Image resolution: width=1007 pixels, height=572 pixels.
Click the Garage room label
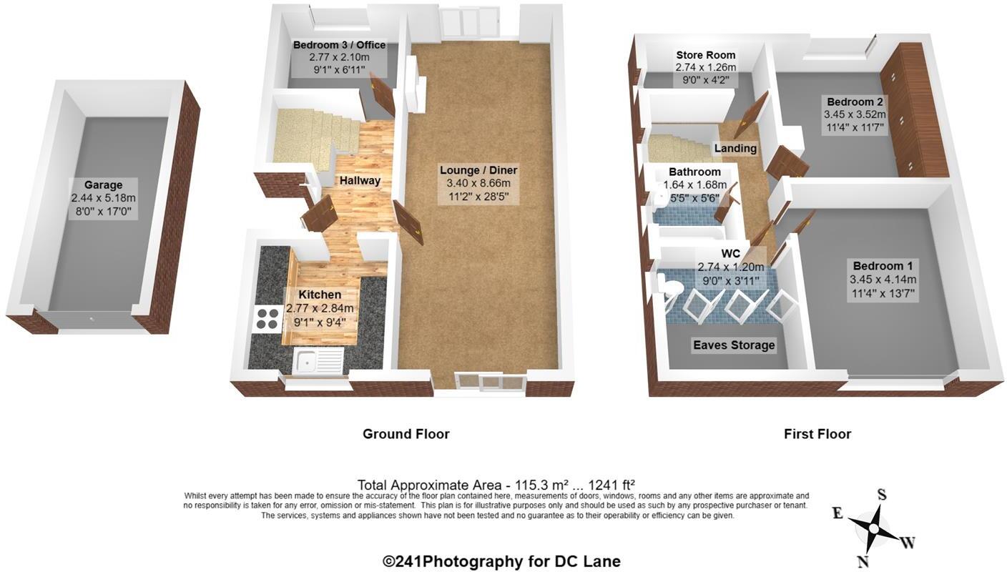coord(103,185)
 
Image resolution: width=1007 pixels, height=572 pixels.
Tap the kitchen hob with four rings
coord(266,318)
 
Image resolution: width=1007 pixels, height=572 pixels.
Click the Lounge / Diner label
coord(478,170)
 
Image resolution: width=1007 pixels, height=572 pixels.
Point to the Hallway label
coord(360,181)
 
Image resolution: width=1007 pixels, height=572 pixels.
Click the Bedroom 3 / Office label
coord(339,45)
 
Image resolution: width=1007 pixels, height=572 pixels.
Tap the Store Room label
coord(706,55)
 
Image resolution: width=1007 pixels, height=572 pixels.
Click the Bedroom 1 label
coord(883,266)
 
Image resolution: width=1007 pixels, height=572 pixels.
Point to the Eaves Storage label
coord(734,345)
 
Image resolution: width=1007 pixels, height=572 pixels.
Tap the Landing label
coord(735,149)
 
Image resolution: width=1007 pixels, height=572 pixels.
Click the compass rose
coord(873,528)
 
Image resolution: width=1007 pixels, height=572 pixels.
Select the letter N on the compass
coord(863,561)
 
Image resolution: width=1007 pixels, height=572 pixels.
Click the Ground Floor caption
coord(406,434)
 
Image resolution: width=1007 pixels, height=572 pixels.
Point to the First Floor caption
coord(817,434)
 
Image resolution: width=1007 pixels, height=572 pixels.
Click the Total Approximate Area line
coord(496,485)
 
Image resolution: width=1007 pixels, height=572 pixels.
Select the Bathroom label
coord(694,172)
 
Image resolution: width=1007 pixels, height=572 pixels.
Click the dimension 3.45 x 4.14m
coord(883,280)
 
